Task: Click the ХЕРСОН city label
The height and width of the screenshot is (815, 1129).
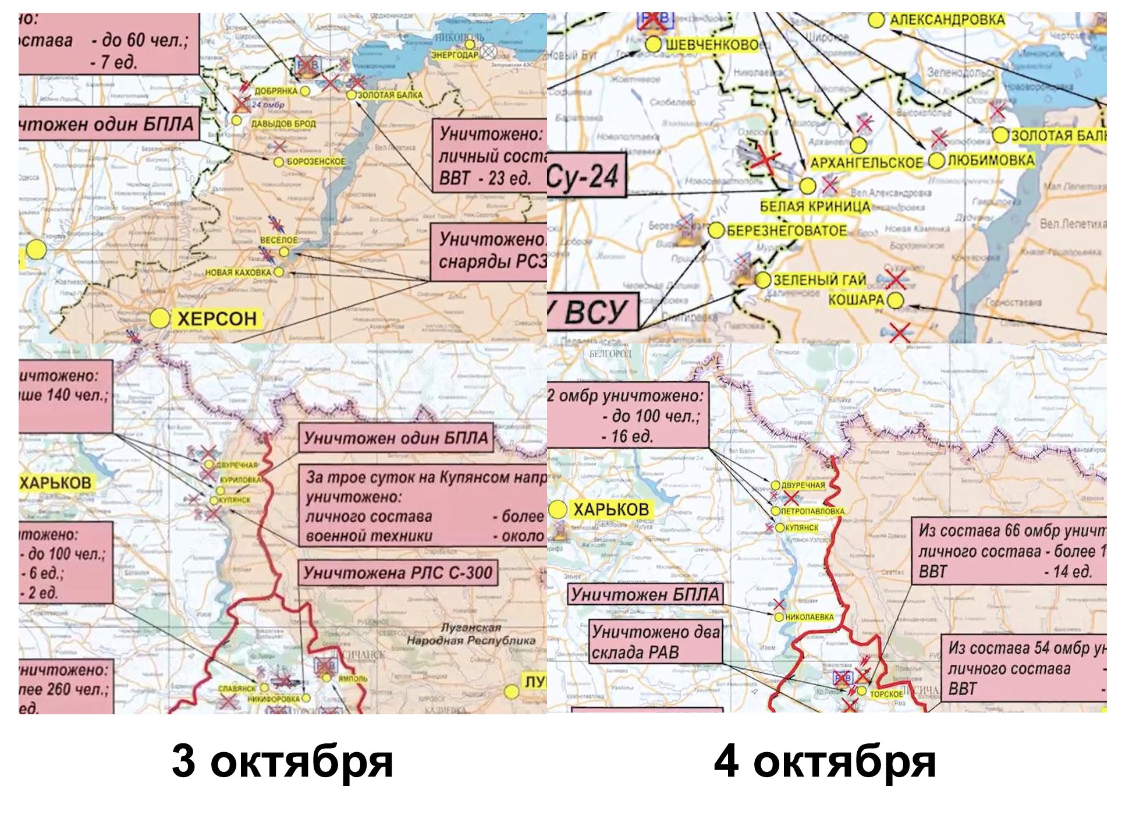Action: click(216, 318)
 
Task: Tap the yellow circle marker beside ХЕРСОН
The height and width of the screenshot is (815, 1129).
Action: click(159, 318)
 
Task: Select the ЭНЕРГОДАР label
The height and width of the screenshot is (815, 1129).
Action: click(455, 54)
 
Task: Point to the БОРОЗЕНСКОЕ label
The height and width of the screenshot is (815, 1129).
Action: click(315, 161)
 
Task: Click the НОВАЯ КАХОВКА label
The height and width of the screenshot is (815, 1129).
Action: click(238, 272)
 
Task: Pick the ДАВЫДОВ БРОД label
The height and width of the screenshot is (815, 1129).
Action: click(283, 123)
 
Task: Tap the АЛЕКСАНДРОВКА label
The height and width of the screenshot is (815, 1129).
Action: click(947, 20)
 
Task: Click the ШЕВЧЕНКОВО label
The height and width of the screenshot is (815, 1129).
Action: click(712, 45)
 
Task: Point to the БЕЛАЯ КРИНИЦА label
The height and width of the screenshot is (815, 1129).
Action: click(815, 206)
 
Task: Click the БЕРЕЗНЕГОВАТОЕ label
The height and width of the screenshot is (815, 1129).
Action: click(786, 231)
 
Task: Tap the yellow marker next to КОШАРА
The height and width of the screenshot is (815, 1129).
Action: click(896, 300)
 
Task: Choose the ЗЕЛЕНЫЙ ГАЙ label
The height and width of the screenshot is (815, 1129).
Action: click(819, 280)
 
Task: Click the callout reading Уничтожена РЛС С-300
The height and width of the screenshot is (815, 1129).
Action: click(398, 573)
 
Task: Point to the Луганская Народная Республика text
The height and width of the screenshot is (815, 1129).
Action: click(471, 634)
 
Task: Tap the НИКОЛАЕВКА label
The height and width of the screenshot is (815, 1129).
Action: click(809, 616)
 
